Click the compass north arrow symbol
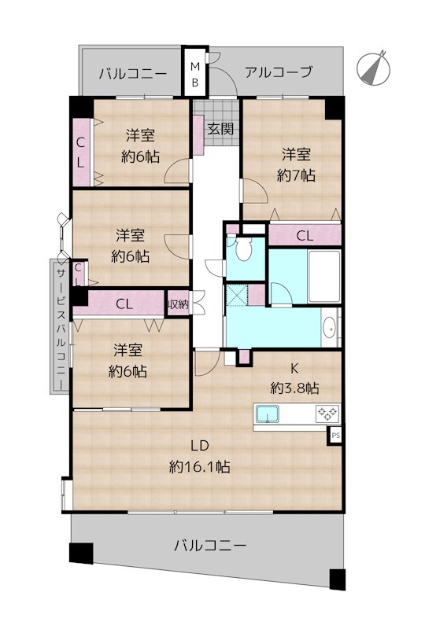pos(375,67)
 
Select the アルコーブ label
pos(278,72)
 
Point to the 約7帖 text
pos(297,175)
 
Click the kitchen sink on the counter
pos(268,414)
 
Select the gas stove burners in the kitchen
pos(327,413)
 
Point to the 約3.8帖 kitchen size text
pos(294,388)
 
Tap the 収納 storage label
pos(178,303)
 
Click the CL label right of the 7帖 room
pos(305,235)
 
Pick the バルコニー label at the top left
pos(132,74)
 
